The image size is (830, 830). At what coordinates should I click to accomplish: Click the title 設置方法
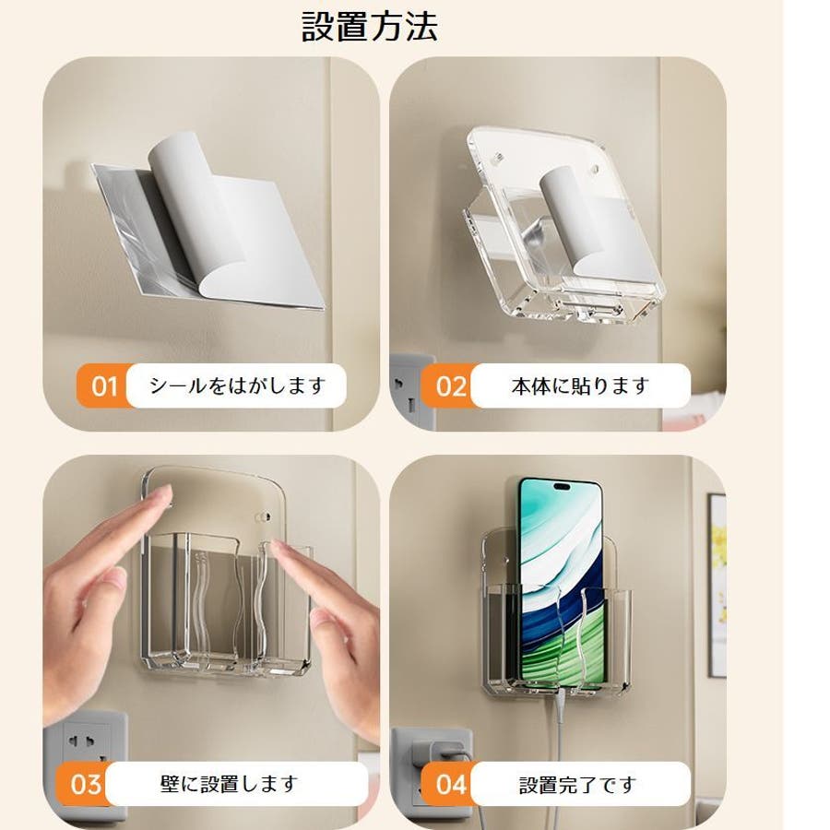point(370,27)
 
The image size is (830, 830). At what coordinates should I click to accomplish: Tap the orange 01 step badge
point(103,385)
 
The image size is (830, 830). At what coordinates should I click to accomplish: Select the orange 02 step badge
point(450,385)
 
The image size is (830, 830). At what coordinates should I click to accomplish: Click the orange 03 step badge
point(85,784)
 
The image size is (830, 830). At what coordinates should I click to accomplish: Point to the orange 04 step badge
point(450,784)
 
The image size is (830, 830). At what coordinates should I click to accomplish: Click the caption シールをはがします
point(237,385)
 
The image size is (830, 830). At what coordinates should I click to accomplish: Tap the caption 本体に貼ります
point(580,385)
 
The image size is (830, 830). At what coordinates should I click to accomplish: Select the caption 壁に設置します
point(229,784)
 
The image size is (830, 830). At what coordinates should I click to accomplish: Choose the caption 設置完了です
point(577,785)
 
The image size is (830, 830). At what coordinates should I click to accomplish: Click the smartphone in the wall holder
point(561,582)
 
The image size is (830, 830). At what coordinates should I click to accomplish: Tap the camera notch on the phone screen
point(562,486)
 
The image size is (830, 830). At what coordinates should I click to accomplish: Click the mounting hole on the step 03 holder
point(263,516)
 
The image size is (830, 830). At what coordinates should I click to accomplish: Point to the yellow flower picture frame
point(717,585)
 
